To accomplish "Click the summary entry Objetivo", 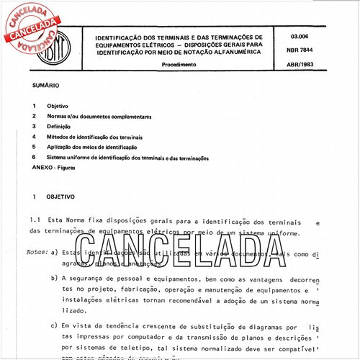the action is tap(58, 106).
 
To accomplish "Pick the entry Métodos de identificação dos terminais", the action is tap(94, 137).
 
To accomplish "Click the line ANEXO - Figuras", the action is tap(53, 167).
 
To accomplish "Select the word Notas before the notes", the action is tap(37, 253).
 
